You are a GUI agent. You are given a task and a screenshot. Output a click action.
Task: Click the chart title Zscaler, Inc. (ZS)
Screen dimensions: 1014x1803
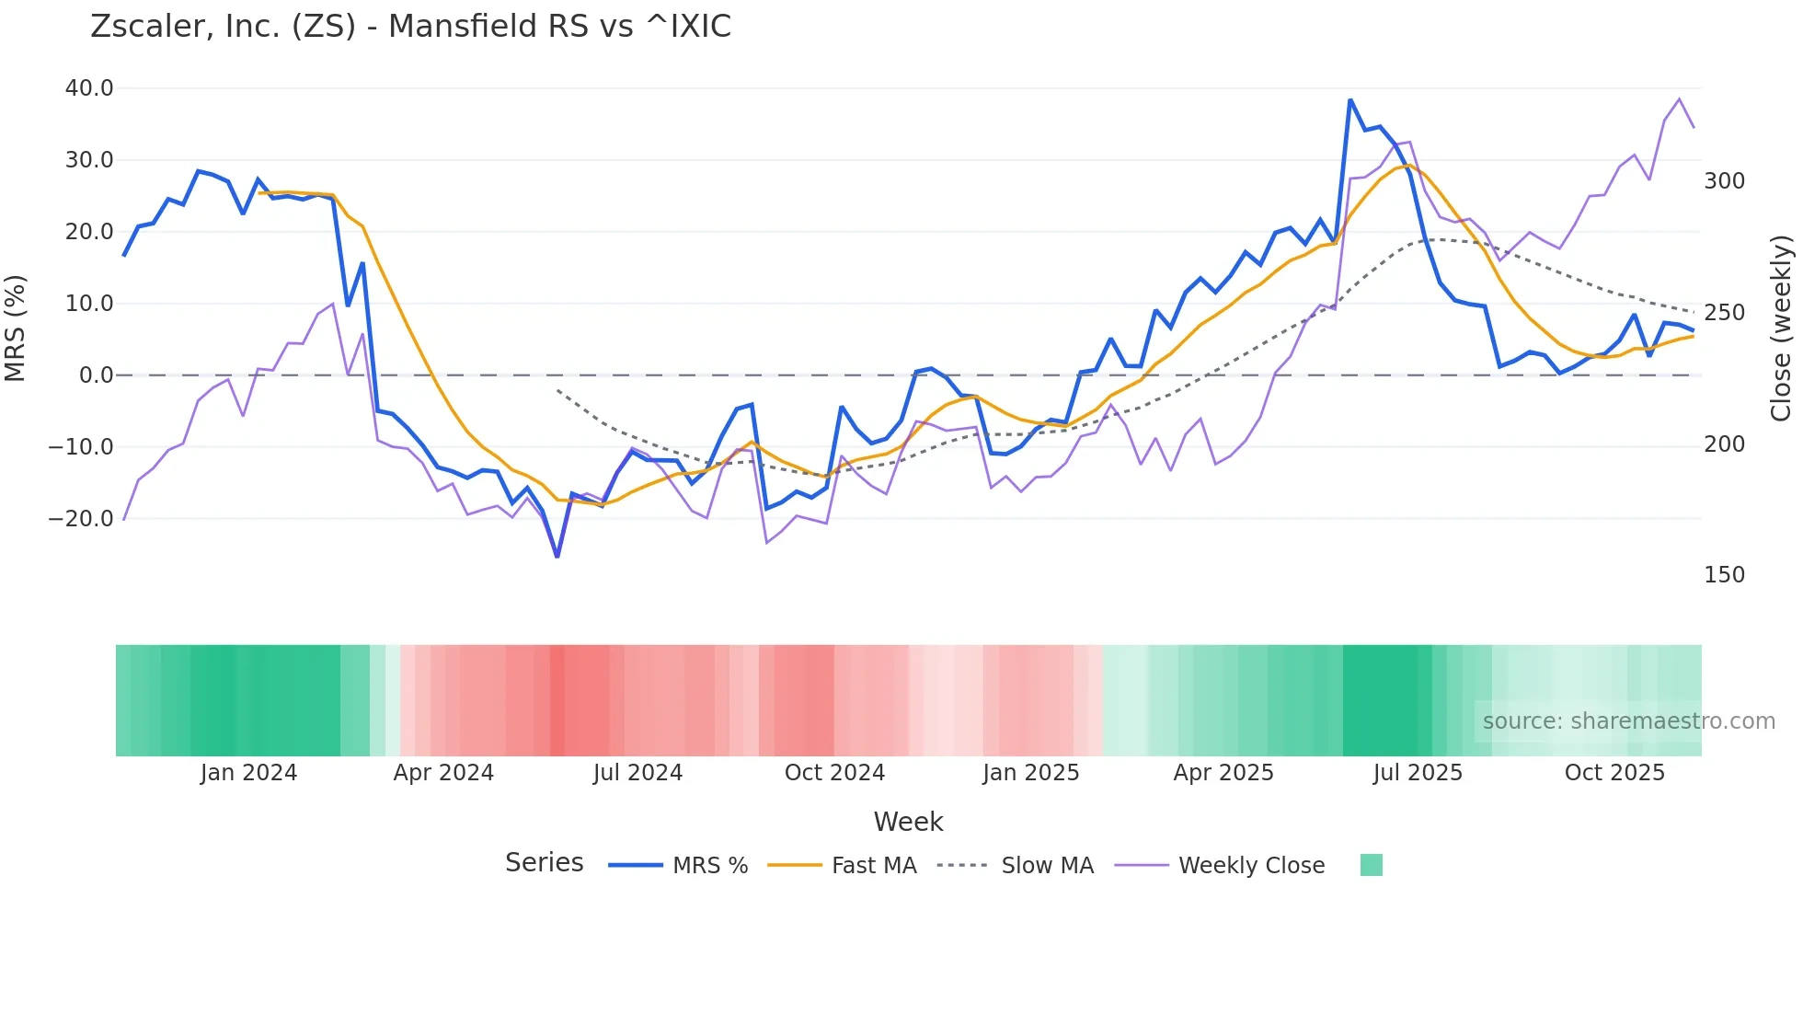point(410,26)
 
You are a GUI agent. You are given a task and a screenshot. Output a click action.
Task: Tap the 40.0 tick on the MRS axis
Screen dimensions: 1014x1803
point(89,88)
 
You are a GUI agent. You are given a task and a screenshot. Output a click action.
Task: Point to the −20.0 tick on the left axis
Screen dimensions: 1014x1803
point(81,519)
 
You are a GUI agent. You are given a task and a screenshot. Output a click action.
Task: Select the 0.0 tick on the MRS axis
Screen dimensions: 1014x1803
point(96,375)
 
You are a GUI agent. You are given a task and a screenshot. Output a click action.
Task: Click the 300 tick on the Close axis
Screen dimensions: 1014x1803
point(1724,181)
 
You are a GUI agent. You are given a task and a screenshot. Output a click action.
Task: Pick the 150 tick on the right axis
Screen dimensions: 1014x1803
point(1724,575)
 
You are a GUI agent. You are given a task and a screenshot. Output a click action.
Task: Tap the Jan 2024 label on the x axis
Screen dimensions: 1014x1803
point(248,773)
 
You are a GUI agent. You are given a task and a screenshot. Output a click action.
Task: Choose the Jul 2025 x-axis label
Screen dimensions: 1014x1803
point(1418,773)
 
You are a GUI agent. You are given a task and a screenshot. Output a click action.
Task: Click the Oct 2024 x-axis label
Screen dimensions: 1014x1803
point(834,773)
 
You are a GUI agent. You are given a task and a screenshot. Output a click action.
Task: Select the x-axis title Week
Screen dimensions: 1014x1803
point(908,822)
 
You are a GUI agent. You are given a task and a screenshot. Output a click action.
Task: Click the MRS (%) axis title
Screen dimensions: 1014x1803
point(16,328)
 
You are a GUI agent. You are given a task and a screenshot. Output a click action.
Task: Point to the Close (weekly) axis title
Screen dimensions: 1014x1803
point(1782,328)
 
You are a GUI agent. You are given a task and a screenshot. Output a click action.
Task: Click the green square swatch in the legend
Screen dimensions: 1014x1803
point(1371,865)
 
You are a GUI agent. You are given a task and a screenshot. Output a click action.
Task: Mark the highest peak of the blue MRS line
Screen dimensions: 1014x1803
point(1350,100)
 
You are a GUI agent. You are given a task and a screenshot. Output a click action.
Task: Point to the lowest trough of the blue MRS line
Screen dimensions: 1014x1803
point(557,556)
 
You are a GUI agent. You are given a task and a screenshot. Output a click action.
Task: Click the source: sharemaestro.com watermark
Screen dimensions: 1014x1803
point(1628,721)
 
